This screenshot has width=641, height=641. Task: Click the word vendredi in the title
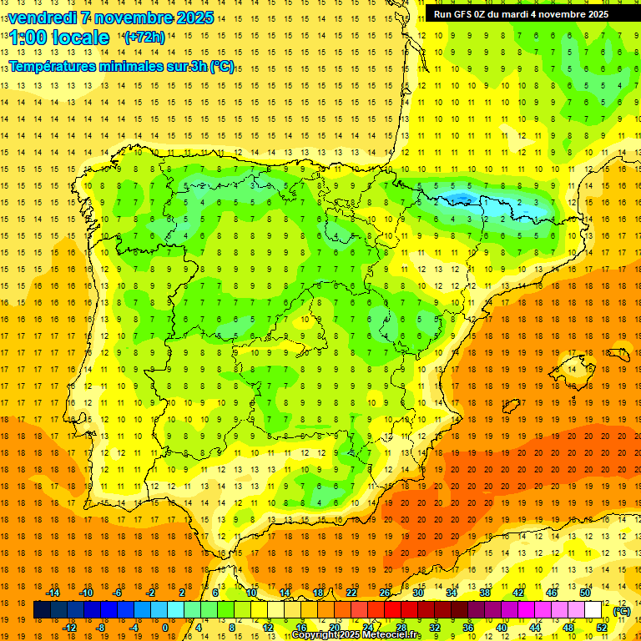point(42,18)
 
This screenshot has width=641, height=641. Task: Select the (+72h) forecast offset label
point(144,37)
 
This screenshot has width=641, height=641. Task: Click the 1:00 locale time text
point(60,38)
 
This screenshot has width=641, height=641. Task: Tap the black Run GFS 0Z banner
point(520,14)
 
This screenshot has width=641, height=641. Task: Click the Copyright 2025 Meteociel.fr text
point(356,635)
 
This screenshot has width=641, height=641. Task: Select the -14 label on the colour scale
point(53,593)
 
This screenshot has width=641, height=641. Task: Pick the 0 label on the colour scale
point(164,628)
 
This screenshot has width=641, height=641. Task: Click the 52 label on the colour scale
point(601,628)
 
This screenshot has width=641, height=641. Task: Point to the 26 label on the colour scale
point(385,593)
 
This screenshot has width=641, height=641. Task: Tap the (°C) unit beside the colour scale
point(622,611)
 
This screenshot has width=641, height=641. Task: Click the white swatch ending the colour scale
point(593,610)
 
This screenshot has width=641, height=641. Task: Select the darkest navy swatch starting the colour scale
point(42,610)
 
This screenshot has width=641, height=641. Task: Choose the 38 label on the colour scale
point(484,593)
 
